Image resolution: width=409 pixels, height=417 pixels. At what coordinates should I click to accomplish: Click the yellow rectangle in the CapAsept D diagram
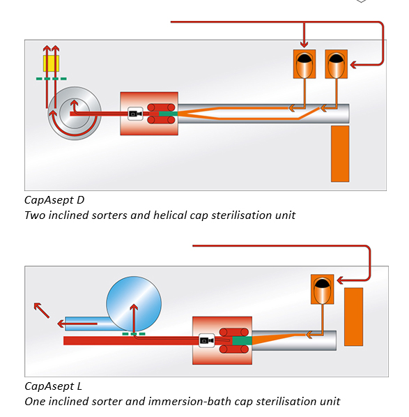click(51, 63)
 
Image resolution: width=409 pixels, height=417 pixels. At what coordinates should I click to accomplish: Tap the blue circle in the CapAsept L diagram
click(134, 304)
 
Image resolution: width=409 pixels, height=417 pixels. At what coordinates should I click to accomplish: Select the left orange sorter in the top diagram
click(304, 64)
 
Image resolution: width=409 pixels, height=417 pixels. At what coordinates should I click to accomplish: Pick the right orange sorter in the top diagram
click(336, 64)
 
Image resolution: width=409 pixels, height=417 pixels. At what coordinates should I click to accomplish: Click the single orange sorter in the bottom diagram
click(322, 289)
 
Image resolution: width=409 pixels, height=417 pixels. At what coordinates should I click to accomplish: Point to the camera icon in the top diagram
click(135, 114)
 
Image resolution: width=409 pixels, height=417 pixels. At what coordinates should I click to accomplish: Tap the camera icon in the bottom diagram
click(207, 340)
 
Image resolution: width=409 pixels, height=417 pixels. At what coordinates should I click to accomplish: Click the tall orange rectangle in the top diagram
click(340, 153)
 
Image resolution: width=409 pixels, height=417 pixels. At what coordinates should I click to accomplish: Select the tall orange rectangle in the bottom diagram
click(353, 317)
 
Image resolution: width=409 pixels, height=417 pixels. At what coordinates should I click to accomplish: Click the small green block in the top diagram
click(168, 114)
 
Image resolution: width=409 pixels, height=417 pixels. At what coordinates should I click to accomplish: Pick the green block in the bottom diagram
click(242, 341)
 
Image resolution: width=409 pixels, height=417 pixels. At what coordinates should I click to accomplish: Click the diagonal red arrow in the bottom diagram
click(42, 310)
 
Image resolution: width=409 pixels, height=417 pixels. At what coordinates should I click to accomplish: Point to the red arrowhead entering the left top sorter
click(304, 45)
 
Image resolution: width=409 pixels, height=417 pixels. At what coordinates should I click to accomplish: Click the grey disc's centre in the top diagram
click(75, 112)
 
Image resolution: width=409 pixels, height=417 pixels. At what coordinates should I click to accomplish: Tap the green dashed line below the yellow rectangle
click(52, 79)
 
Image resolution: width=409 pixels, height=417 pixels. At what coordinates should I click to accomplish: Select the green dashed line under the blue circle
click(134, 334)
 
